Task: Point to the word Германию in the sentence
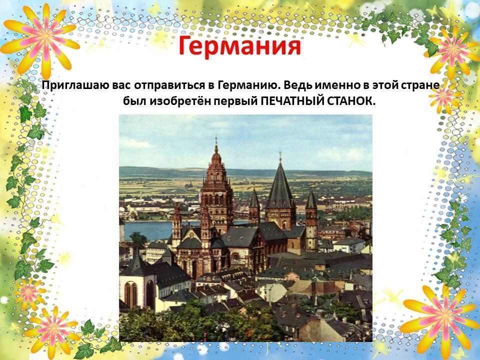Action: [249, 85]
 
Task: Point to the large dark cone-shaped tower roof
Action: [280, 186]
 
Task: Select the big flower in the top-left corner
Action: [41, 38]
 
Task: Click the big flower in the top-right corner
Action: [453, 50]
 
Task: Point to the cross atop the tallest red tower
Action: [216, 140]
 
